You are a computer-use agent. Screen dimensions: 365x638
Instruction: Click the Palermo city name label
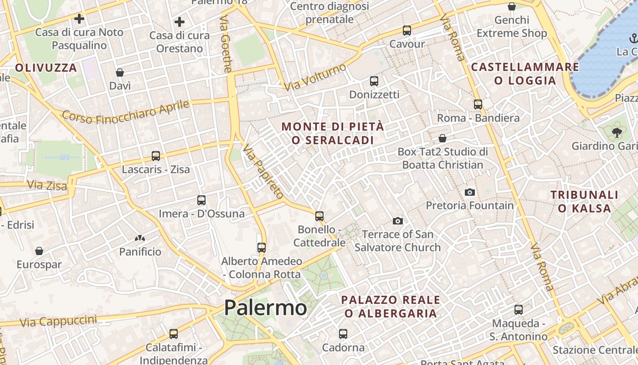point(265,308)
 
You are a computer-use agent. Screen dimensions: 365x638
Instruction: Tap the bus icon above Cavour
point(406,31)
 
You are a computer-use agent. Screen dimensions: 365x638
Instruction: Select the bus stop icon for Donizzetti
point(374,81)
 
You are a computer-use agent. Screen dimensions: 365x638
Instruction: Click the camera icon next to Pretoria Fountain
point(470,192)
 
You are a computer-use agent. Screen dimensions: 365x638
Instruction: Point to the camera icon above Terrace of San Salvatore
point(398,221)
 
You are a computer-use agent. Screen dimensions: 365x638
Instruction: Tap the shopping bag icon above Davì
point(120,73)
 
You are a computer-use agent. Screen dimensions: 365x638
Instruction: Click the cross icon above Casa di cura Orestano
point(180,21)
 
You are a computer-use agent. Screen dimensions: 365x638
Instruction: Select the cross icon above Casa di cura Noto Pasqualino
point(79,19)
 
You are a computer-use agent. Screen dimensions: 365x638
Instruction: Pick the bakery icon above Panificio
point(139,238)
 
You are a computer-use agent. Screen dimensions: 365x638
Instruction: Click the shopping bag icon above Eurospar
point(39,251)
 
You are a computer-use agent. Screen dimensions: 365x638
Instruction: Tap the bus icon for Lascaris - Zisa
point(156,156)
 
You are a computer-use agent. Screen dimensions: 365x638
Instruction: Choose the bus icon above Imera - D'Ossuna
point(201,200)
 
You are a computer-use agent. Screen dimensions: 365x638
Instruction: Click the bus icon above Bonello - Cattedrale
point(319,216)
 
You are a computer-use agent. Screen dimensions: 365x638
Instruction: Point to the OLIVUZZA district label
point(46,68)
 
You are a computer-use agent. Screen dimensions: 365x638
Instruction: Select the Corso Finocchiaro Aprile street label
point(126,111)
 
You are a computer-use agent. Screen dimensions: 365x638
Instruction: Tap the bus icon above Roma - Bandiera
point(478,104)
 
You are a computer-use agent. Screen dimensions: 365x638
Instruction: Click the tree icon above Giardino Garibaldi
point(617,133)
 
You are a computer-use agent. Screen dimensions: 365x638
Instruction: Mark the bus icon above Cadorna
point(343,334)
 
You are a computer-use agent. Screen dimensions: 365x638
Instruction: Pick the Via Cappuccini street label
point(59,321)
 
